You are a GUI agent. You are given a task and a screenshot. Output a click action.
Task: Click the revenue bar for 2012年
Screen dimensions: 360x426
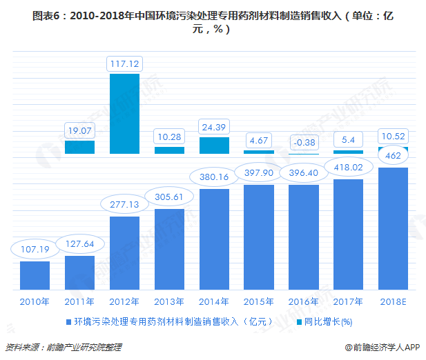pos(124,253)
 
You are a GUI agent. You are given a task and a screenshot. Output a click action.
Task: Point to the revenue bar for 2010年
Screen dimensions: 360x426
pos(35,275)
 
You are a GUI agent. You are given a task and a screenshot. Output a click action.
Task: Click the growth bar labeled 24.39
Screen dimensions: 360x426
pos(214,145)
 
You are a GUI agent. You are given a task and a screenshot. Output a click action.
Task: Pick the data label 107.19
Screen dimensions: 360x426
pos(35,248)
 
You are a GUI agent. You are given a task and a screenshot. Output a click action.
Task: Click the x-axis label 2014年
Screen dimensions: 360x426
pos(214,301)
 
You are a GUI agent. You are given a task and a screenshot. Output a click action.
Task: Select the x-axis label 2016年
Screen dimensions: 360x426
pos(304,301)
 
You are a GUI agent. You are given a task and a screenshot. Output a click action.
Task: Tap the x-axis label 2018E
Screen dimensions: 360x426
pos(394,301)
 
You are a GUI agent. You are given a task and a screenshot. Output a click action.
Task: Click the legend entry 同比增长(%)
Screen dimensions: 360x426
pos(328,321)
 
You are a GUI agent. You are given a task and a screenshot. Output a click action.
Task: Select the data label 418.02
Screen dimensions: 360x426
pos(349,166)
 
